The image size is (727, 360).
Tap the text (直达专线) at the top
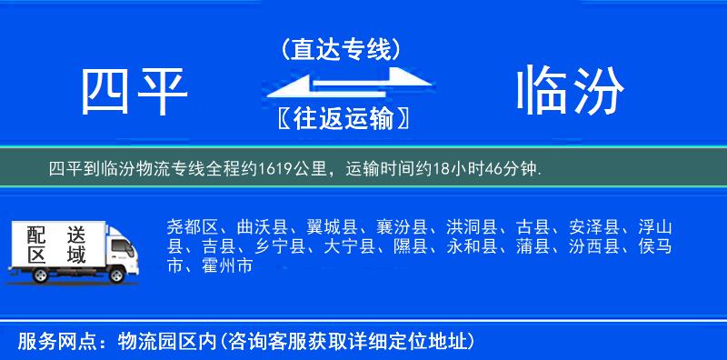coord(340,49)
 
